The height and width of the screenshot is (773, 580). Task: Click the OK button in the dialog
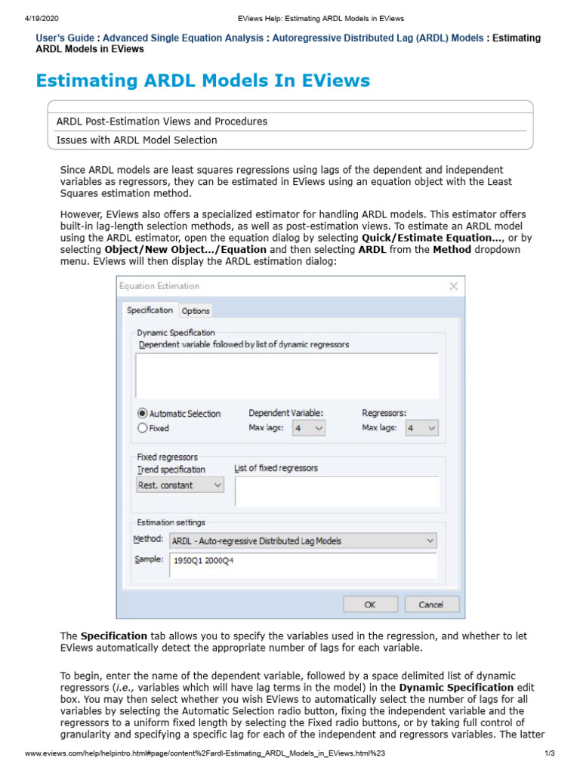point(370,605)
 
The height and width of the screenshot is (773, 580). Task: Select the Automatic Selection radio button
point(142,414)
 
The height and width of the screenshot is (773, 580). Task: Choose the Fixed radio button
point(142,428)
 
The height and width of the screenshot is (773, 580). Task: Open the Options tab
point(196,311)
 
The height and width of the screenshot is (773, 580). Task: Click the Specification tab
point(150,310)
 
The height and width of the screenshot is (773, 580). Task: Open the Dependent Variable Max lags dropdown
point(309,428)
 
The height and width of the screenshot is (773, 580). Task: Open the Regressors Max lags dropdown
point(421,428)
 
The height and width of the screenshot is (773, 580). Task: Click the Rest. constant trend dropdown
point(180,485)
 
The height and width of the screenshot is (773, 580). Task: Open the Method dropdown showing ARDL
point(303,540)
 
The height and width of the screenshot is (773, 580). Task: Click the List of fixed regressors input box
point(337,491)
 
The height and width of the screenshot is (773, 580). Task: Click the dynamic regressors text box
point(287,374)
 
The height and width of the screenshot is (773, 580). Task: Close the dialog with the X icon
point(453,286)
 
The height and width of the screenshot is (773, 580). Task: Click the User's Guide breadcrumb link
point(65,38)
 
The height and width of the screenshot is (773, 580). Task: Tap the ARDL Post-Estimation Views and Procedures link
point(162,122)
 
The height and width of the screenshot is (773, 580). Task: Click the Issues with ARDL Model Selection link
point(137,140)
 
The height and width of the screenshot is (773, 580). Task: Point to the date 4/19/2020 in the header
point(22,18)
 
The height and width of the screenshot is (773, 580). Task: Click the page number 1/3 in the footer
point(550,754)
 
